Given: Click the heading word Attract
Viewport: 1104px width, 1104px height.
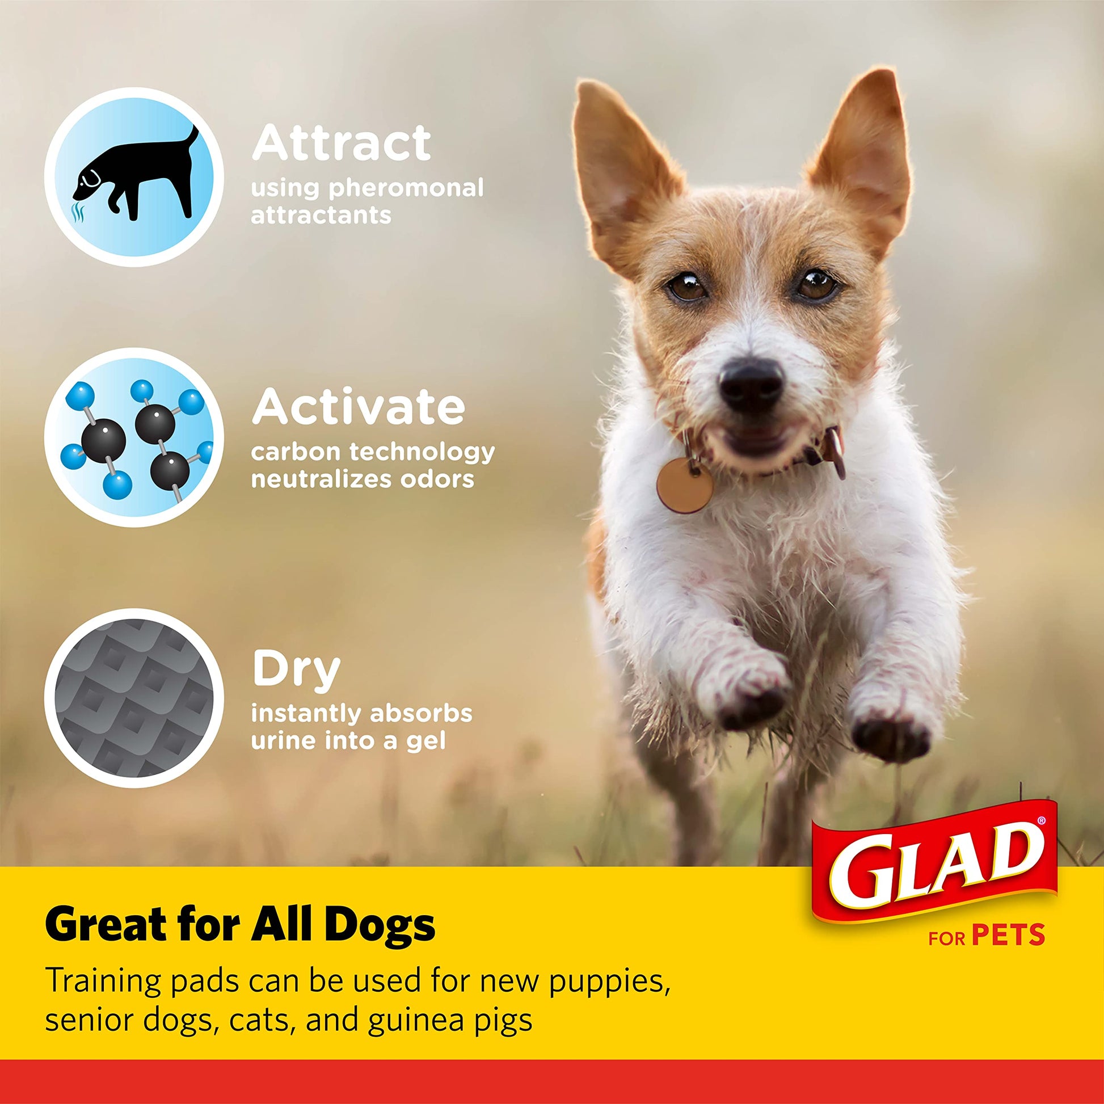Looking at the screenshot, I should tap(341, 144).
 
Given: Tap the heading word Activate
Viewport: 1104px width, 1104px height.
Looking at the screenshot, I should tap(359, 407).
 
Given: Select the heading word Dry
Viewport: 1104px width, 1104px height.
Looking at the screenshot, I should tap(296, 671).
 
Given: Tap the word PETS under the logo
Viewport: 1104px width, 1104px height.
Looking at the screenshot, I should tap(1009, 935).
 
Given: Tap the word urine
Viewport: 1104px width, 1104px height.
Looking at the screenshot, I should tap(283, 741).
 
